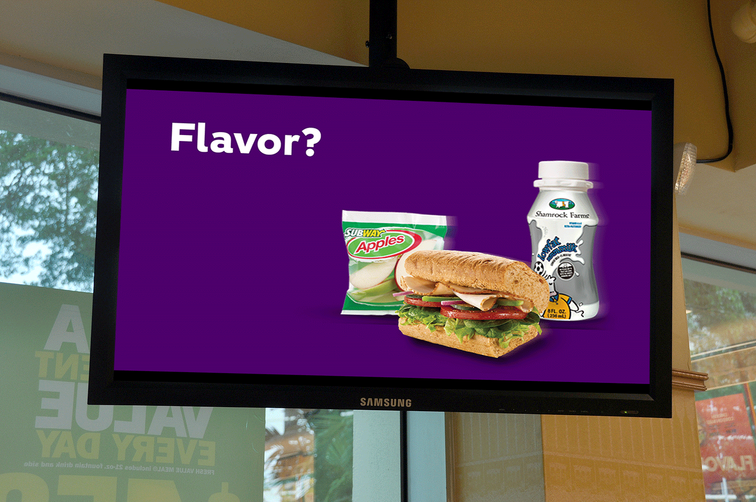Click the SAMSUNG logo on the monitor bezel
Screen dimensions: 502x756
386,403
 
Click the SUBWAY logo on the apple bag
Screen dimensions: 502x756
362,232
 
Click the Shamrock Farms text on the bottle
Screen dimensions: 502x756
561,215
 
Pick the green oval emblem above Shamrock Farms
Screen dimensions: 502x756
561,204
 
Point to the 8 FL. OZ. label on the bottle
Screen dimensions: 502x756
557,313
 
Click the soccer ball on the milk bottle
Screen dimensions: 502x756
539,270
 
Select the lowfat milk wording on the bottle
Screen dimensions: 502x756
557,248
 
